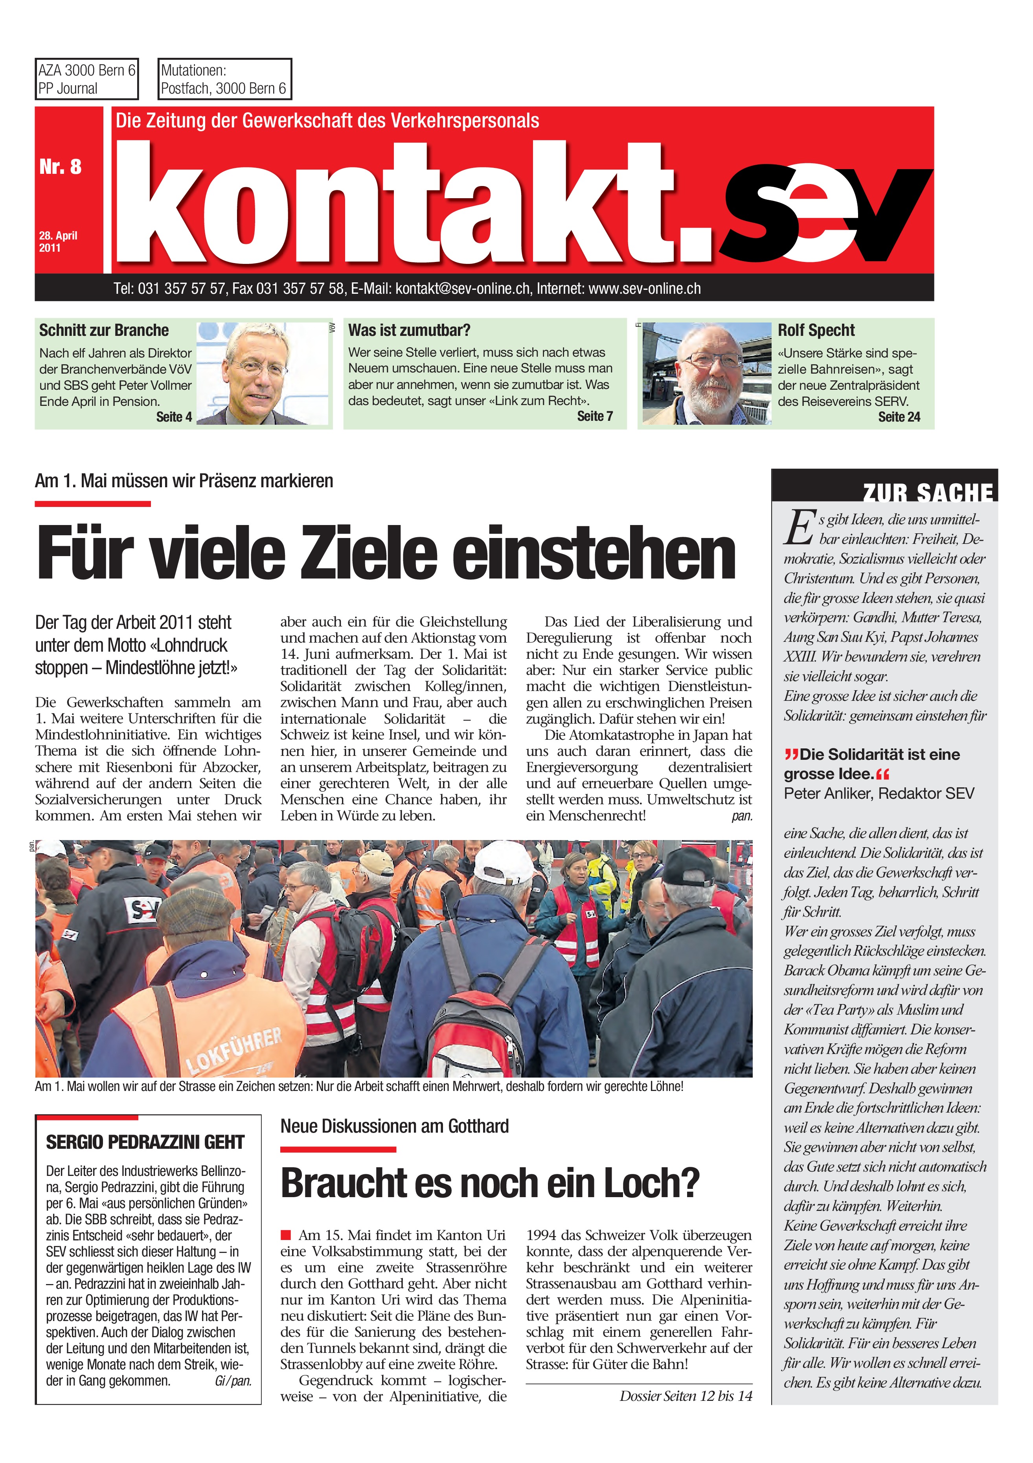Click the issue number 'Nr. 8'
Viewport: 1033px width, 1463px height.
pos(61,167)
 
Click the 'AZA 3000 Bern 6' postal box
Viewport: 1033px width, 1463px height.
pos(86,79)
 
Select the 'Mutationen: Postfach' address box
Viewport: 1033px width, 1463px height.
pos(224,79)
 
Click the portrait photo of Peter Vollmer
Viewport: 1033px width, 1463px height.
pos(263,373)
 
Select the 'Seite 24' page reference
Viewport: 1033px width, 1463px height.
pos(899,417)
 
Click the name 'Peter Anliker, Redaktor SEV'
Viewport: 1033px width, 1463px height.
pos(879,793)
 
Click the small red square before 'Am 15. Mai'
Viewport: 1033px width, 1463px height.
pos(285,1235)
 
